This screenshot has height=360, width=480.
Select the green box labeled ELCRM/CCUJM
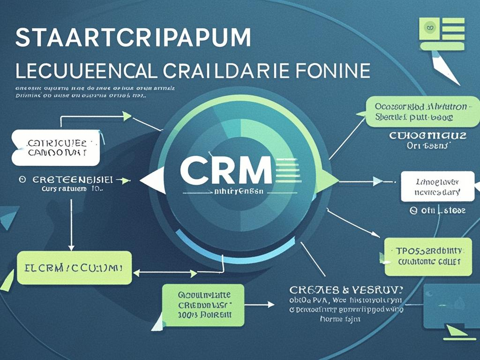tap(74, 268)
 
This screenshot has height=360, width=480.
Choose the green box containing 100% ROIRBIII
tap(203, 305)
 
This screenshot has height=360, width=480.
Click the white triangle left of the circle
tap(152, 180)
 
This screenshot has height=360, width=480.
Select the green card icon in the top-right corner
tap(442, 33)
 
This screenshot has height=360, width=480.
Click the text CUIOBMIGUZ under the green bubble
tap(427, 136)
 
